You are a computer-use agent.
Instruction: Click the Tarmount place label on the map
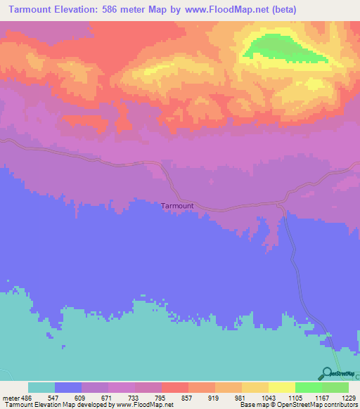177,206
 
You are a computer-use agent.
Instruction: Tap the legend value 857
188,398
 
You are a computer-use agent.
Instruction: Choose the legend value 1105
295,398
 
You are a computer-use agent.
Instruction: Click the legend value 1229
348,398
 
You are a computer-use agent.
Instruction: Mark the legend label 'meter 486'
16,398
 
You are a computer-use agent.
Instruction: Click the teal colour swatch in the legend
41,387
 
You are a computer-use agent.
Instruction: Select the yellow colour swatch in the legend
282,387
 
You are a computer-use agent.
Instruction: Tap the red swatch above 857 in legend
175,387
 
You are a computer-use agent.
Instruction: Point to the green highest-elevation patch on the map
281,48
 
